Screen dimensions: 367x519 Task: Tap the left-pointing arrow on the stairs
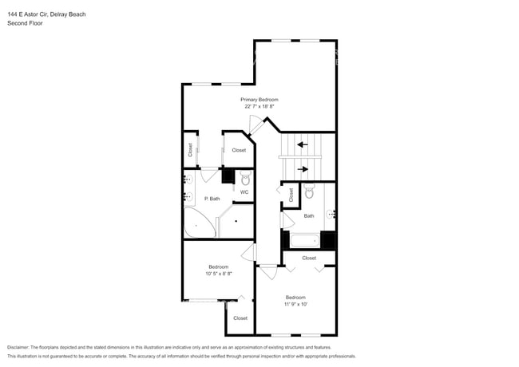pos(303,144)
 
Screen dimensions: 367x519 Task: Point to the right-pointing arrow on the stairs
pos(303,168)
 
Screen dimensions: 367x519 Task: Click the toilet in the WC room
pos(245,177)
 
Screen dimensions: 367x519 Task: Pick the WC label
pos(244,191)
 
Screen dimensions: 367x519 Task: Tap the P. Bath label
pos(212,198)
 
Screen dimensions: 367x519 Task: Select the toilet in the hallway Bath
pos(309,191)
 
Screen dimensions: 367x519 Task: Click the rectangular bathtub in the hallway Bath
pos(305,239)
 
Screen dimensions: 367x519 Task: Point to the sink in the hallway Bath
pos(331,213)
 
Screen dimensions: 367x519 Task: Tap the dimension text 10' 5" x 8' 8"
pos(219,273)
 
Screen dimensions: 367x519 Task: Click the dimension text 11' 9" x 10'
pos(295,304)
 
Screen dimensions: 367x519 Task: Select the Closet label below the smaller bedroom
pos(240,318)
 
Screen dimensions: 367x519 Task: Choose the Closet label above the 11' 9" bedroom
pos(309,258)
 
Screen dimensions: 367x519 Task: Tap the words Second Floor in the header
pos(26,24)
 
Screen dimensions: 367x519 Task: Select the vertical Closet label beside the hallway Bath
pos(291,194)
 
